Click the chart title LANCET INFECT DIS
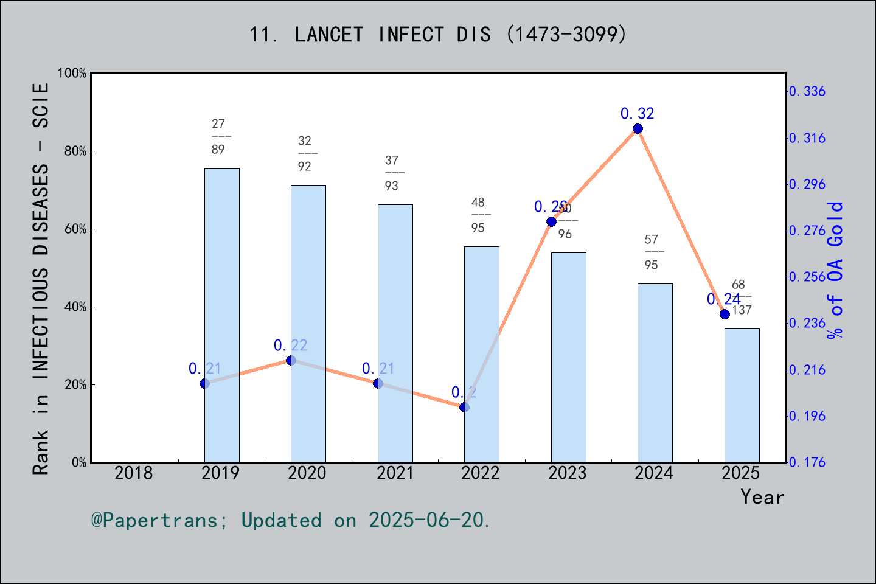pos(437,35)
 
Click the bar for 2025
pos(742,395)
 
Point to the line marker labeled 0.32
pos(638,128)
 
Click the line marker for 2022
pos(464,407)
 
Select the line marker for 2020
pos(291,361)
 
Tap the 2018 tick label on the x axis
pos(134,473)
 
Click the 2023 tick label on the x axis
pos(567,473)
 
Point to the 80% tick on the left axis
pos(75,151)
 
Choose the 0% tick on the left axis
pos(79,462)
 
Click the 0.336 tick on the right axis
pos(807,91)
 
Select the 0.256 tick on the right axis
pos(807,277)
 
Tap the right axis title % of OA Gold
pos(836,270)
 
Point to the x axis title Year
pos(762,497)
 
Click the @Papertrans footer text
pos(291,520)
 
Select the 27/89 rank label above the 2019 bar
pos(218,137)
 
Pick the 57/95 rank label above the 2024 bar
pos(652,252)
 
